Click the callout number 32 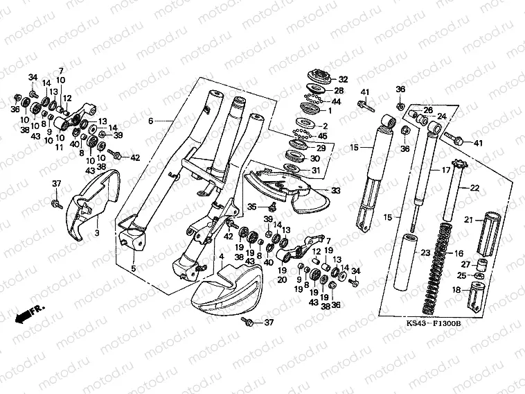click(x=343, y=80)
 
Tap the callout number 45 click(x=341, y=136)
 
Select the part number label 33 click(x=336, y=190)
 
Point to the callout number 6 click(x=150, y=121)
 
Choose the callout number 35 click(x=253, y=206)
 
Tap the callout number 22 click(x=474, y=188)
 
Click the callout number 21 click(x=468, y=220)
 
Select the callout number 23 click(x=425, y=253)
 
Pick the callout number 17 click(x=437, y=169)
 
